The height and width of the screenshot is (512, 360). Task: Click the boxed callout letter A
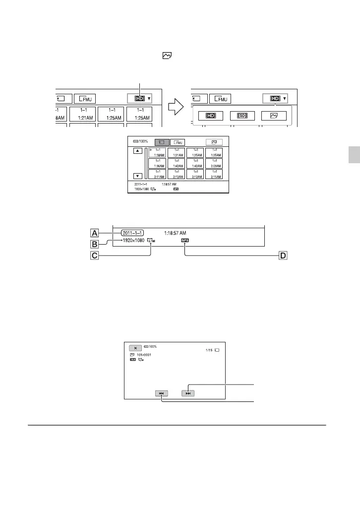[x=95, y=232]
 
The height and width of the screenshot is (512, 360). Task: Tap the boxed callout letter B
[x=95, y=244]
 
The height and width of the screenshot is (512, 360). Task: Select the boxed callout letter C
[x=95, y=256]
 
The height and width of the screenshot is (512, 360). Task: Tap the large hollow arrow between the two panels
[x=176, y=107]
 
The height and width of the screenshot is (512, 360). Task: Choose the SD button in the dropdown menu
[x=242, y=116]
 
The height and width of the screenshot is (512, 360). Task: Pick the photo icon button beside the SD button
[x=274, y=116]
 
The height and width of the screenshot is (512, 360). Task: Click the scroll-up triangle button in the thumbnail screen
[x=137, y=151]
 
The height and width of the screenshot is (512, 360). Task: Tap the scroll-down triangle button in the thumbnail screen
[x=137, y=176]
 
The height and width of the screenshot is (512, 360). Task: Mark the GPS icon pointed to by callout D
[x=184, y=241]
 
